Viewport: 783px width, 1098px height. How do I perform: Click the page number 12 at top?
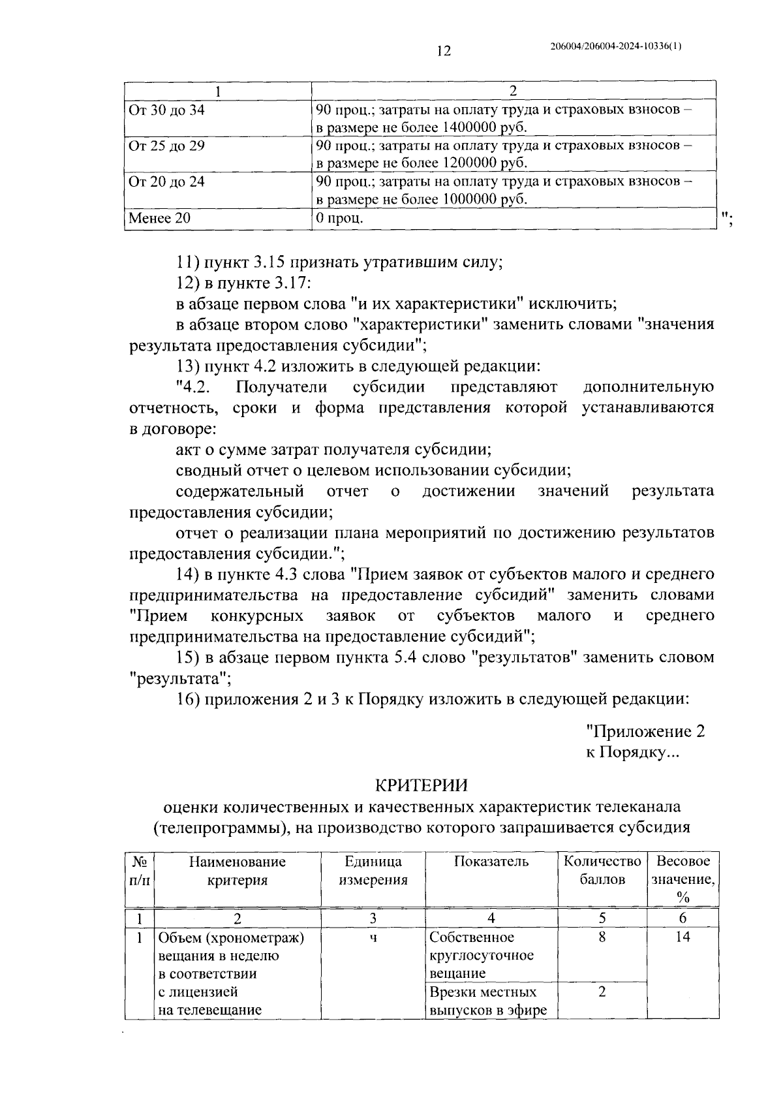[443, 51]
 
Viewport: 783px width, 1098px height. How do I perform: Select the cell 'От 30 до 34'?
[167, 110]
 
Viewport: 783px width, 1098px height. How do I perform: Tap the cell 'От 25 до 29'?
[167, 146]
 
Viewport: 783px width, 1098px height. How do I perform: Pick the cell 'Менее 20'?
[161, 218]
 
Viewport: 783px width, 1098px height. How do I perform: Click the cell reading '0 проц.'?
[339, 218]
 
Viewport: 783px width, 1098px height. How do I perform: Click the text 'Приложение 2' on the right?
[645, 731]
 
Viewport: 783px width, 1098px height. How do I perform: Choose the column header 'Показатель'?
[491, 862]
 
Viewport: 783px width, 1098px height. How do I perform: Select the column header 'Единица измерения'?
[373, 870]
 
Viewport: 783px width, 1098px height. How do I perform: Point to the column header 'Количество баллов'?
[602, 870]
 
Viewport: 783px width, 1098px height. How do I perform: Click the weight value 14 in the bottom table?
[683, 937]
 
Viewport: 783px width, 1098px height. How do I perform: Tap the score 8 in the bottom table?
[602, 937]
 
